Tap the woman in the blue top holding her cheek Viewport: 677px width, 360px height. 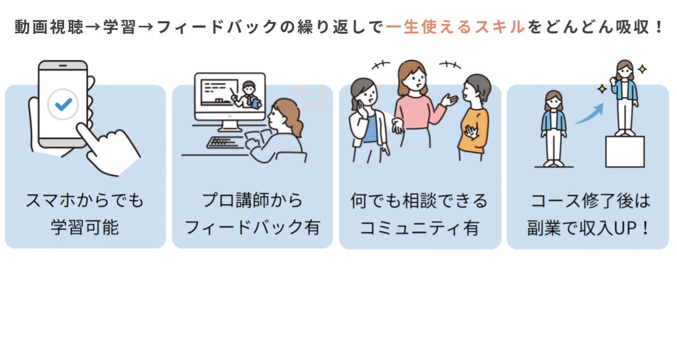[x=368, y=119]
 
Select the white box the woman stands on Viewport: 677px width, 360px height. [x=625, y=151]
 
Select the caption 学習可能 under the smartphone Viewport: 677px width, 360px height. [x=85, y=228]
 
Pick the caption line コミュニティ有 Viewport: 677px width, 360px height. [x=419, y=228]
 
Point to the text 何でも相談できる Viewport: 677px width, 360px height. [x=419, y=201]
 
